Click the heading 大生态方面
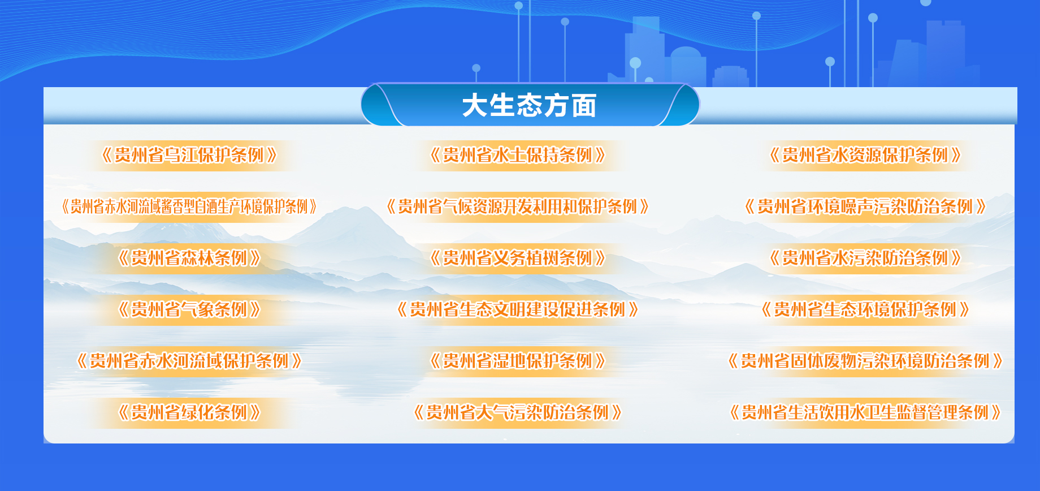coord(529,106)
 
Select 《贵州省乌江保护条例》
coord(189,155)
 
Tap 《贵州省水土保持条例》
coord(518,155)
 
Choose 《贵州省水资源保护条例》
coord(865,155)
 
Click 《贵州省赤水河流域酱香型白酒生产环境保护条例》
coord(189,206)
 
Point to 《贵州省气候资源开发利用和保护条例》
coord(518,206)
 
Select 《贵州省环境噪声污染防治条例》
coord(865,206)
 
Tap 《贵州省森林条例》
coord(189,258)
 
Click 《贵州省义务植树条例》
coord(518,258)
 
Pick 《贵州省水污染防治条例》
coord(865,258)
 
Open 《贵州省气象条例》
coord(189,309)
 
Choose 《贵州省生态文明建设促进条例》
coord(518,309)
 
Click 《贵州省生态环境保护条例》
coord(865,309)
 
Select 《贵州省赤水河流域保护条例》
coord(189,361)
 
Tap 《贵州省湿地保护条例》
coord(518,361)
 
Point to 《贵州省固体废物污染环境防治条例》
coord(865,361)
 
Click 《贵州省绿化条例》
coord(189,412)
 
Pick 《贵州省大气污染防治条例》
coord(518,412)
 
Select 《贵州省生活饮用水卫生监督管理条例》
coord(865,412)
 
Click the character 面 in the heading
coord(584,106)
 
